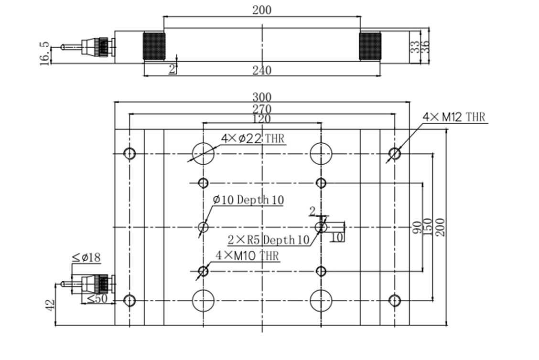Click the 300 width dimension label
tap(262, 97)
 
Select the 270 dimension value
tap(262, 109)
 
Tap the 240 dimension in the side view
tap(262, 70)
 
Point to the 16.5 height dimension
tap(45, 53)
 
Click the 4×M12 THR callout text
tap(454, 117)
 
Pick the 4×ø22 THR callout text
tap(253, 138)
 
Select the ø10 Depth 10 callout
tap(248, 200)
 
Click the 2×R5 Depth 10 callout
tap(269, 240)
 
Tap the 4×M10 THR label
tap(247, 256)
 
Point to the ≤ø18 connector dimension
tap(86, 257)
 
